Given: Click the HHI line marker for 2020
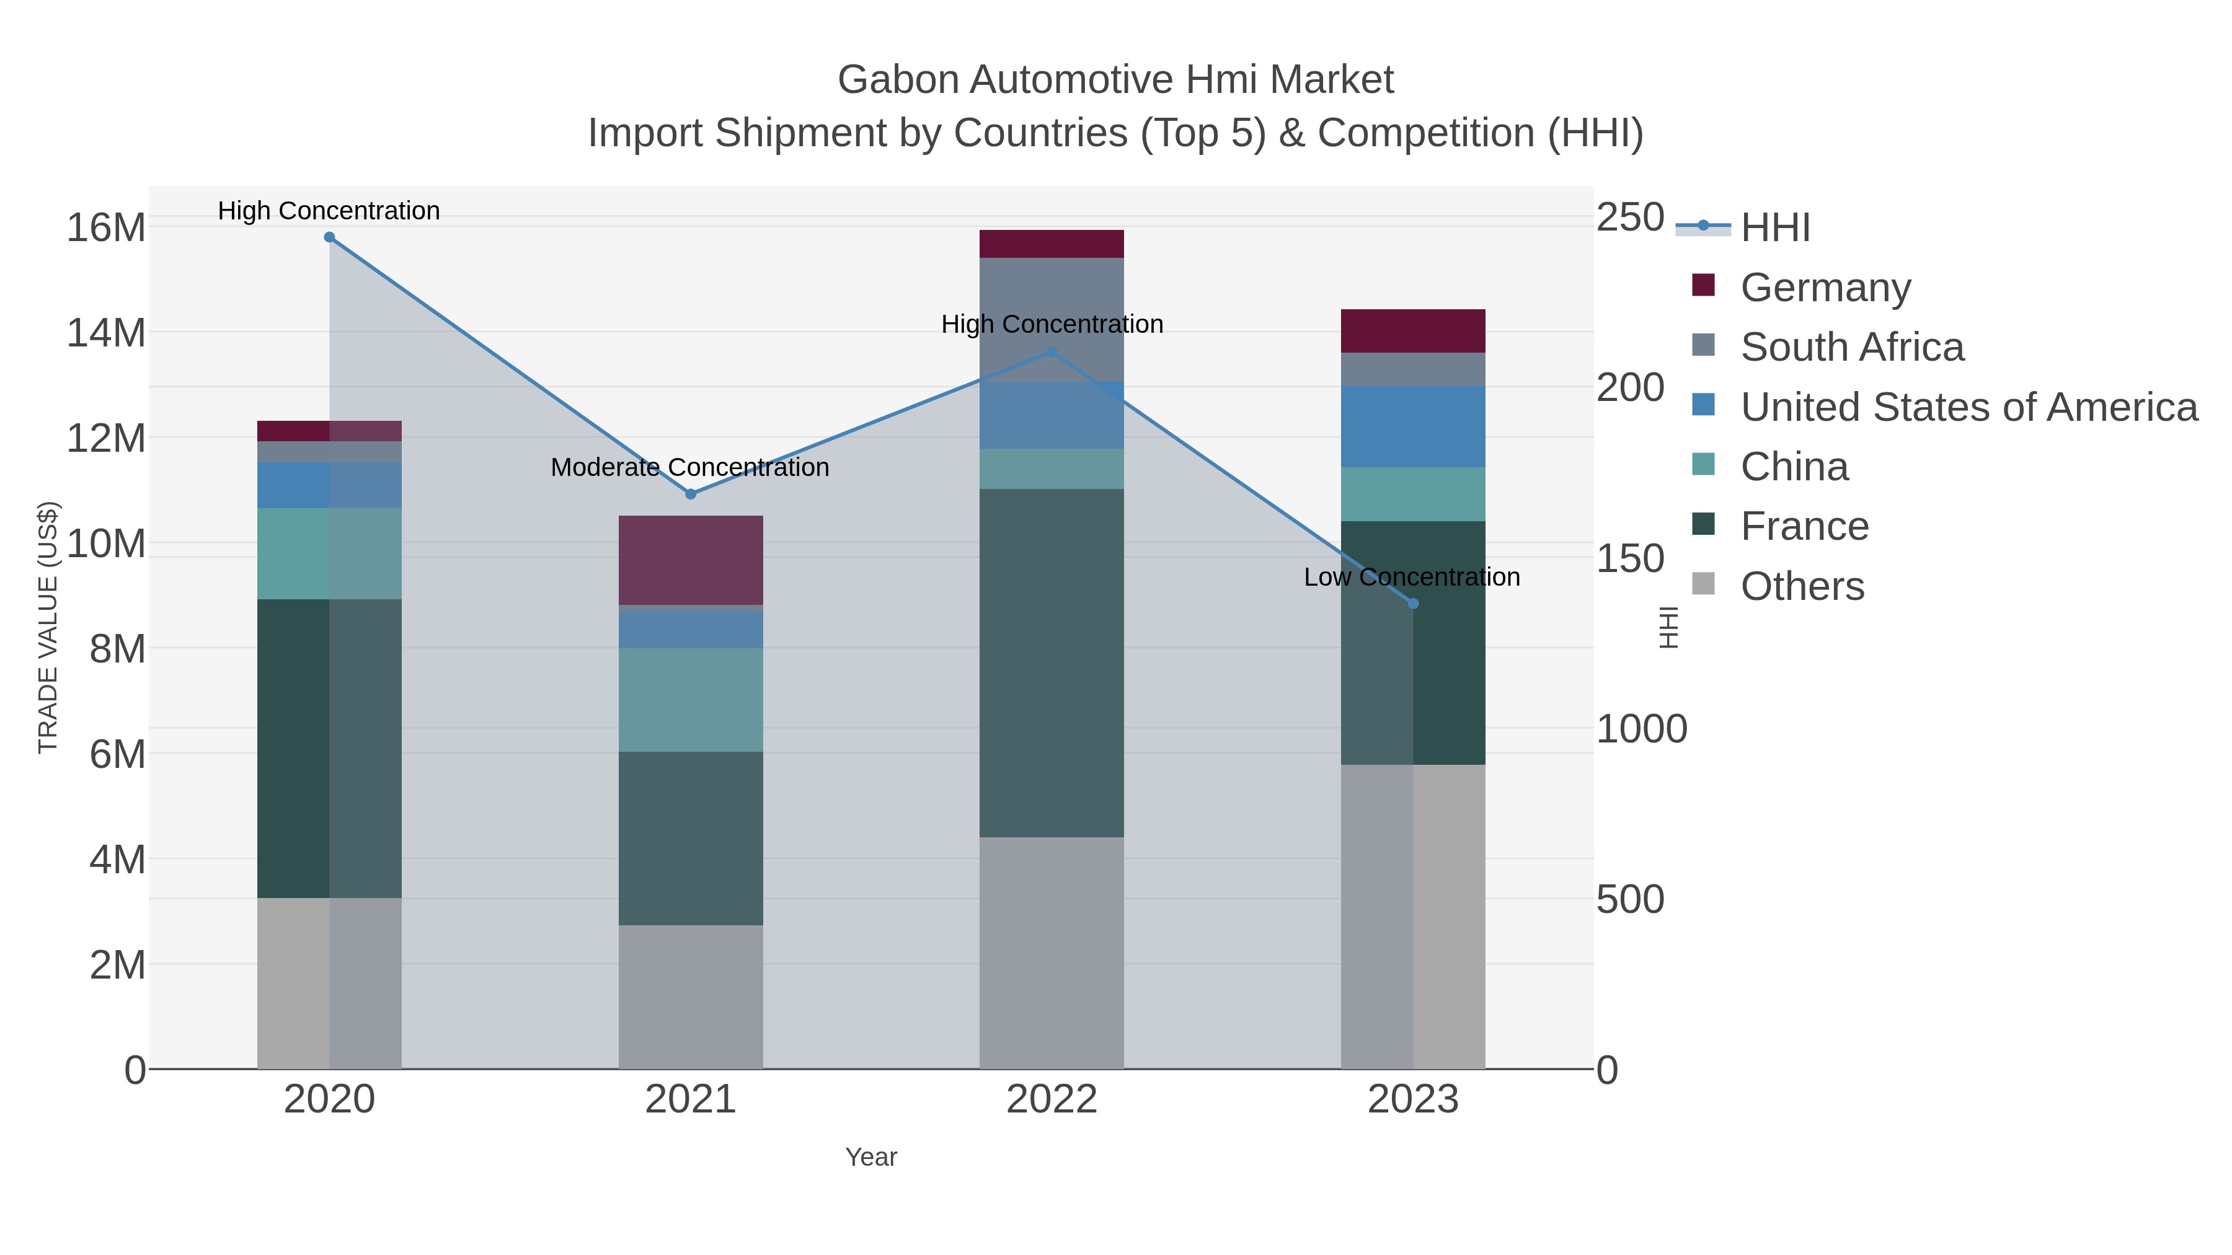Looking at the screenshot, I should click(329, 237).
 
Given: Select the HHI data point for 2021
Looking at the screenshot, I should click(691, 495).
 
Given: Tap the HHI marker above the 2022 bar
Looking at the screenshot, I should click(1052, 351).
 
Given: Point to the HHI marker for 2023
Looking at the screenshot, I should click(1413, 604).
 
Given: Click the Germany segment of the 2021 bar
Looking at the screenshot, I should click(691, 560).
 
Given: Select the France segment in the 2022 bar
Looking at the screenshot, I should click(1052, 663).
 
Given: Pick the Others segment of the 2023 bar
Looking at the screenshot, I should click(1413, 917).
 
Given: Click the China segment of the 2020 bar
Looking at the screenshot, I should click(329, 553).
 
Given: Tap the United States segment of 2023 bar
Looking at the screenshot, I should click(1413, 427).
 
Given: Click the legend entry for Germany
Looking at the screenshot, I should click(1825, 288).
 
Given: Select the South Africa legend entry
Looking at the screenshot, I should click(1851, 347).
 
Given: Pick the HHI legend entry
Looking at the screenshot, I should click(1774, 228).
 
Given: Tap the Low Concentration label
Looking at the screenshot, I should click(1412, 578).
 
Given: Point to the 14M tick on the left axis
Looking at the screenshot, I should click(105, 333).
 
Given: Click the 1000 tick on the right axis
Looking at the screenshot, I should click(1641, 729).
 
